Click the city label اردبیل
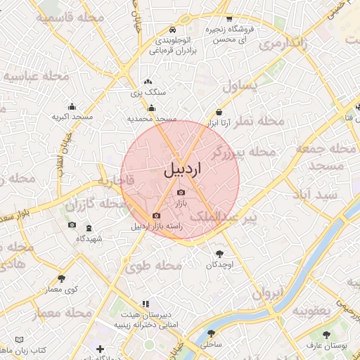(181, 169)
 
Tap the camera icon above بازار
(181, 192)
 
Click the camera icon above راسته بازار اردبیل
(156, 215)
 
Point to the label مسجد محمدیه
(151, 120)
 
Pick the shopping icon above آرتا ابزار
(219, 112)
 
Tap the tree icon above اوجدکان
(219, 254)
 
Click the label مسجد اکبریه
(72, 117)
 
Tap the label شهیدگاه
(89, 239)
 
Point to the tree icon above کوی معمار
(62, 278)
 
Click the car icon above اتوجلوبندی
(173, 30)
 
